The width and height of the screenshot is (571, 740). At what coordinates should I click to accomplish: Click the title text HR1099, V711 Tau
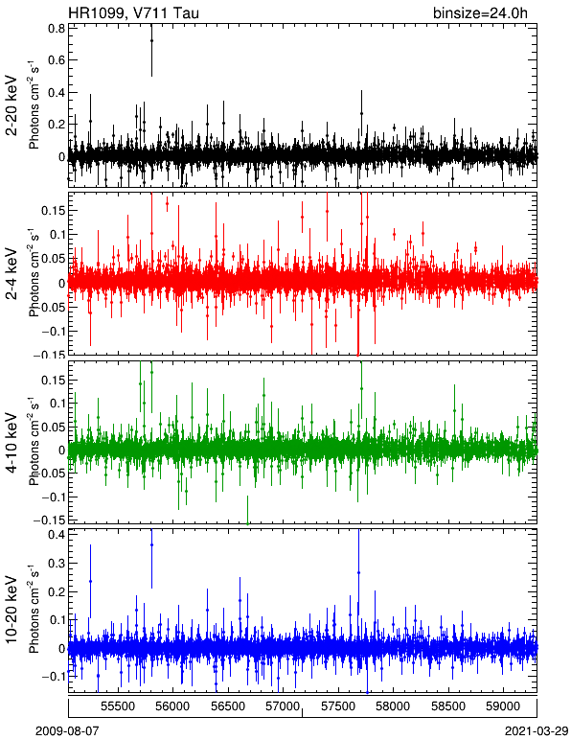133,12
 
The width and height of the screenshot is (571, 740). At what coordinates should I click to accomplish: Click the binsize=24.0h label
480,13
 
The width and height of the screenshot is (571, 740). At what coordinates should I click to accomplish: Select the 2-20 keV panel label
11,105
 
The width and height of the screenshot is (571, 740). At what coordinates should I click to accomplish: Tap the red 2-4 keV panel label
11,274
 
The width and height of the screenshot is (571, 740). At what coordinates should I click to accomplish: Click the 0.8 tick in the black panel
57,29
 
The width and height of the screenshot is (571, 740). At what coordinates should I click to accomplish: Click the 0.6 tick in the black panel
57,60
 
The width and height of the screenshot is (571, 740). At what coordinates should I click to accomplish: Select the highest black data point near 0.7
151,40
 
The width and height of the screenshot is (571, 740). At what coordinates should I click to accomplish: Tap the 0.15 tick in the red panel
55,210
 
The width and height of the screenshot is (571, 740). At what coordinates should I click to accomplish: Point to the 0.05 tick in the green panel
55,428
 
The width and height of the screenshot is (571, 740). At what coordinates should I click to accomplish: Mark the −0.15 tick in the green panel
50,520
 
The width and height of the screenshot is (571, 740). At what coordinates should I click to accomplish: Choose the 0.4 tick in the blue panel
57,535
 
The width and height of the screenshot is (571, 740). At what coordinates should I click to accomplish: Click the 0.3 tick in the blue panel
57,563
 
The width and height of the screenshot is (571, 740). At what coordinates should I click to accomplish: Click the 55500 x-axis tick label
118,706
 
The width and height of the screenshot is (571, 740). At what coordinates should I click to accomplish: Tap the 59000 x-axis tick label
503,706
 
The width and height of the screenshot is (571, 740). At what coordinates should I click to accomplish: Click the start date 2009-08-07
67,731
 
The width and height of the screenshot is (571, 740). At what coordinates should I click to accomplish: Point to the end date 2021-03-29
537,731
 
